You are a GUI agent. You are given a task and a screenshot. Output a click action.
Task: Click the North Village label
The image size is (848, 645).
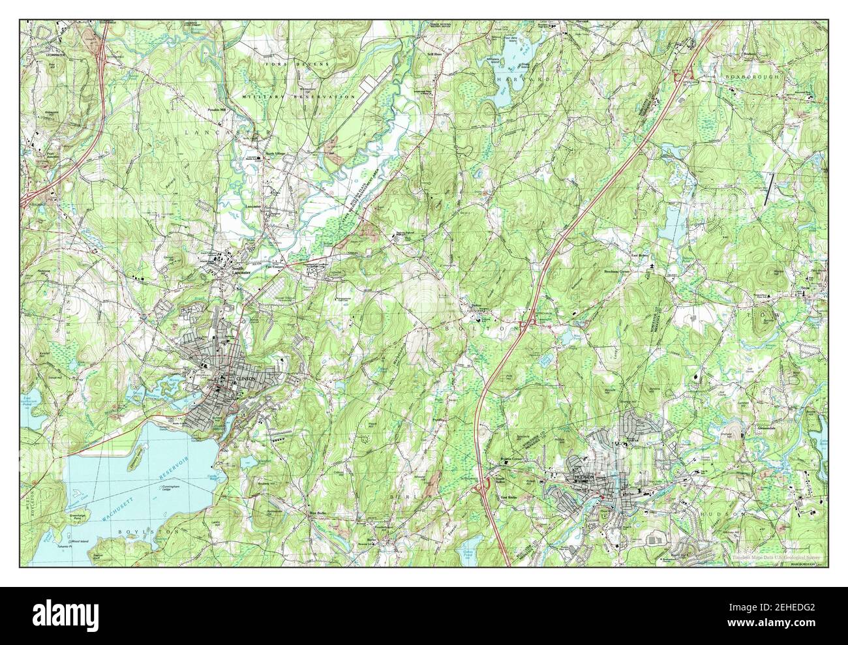pyautogui.click(x=276, y=154)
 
